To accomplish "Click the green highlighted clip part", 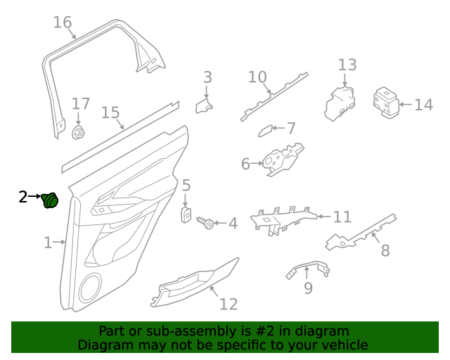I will point(49,200).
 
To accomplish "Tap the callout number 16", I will point(63,22).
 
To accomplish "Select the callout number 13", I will point(347,65).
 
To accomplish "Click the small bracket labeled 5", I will point(186,214).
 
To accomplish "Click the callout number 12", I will point(229,304).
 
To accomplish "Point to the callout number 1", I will point(48,243).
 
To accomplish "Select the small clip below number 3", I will point(205,105).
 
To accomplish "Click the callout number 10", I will point(257,77).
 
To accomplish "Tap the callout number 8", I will point(385,250).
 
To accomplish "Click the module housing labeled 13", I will point(340,102).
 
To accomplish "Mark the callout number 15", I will point(110,112).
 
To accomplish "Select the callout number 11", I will point(342,217).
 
